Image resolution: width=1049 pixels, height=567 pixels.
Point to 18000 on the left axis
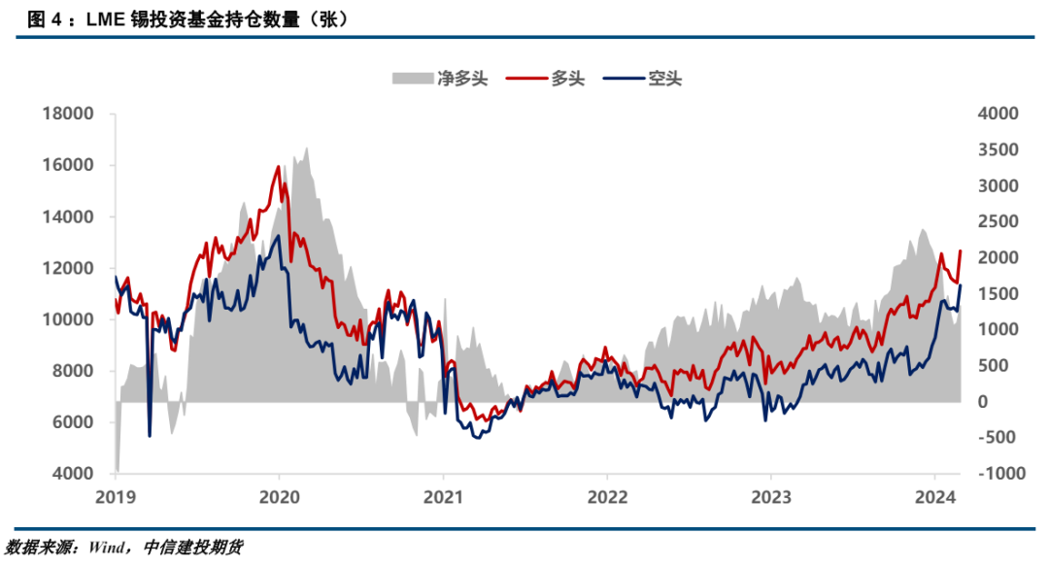pos(68,114)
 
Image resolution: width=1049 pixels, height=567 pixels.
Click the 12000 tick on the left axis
pos(68,268)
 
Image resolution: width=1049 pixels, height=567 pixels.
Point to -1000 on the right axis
pos(993,474)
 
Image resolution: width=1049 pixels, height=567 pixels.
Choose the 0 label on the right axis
pos(982,402)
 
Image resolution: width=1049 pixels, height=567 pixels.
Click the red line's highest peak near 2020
pos(279,167)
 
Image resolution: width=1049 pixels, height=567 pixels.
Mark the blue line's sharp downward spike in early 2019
pos(150,436)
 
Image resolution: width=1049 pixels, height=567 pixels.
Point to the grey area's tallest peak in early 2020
pos(307,149)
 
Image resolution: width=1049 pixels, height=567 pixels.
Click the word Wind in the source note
pos(107,547)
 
